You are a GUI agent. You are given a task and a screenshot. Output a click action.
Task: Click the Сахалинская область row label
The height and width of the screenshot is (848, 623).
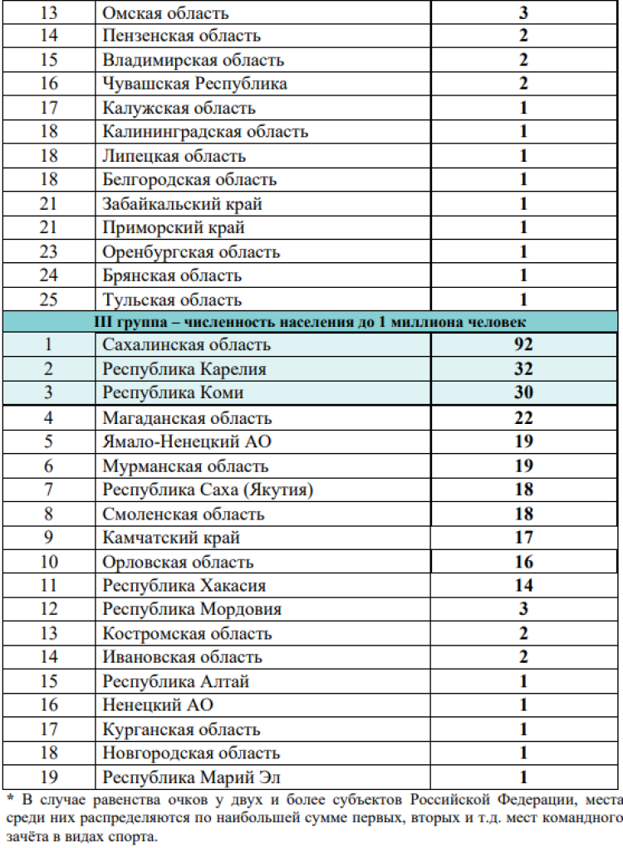click(186, 344)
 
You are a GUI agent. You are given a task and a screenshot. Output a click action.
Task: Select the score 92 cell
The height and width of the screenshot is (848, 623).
click(523, 344)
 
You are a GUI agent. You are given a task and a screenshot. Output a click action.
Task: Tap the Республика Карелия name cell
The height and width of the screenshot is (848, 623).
click(184, 368)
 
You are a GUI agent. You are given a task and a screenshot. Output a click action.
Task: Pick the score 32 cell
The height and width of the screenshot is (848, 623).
click(523, 368)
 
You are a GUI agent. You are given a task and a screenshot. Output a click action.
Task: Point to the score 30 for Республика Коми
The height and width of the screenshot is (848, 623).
click(523, 392)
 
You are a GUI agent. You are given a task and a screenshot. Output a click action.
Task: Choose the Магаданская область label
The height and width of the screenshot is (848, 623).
click(187, 418)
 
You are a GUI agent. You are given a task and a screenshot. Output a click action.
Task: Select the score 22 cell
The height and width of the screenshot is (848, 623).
click(523, 418)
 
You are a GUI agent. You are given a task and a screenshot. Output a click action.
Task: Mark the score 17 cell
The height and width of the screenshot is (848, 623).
click(523, 538)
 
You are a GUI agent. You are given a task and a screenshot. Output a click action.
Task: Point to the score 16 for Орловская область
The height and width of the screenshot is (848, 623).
click(523, 562)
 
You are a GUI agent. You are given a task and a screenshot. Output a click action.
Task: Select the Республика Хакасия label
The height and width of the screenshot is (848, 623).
click(184, 586)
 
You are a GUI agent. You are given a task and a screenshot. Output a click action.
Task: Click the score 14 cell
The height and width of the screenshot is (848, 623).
click(523, 586)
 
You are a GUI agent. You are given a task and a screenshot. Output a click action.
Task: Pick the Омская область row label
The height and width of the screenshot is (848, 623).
click(165, 13)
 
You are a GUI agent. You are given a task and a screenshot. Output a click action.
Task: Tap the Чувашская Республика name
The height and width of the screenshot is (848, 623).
click(195, 84)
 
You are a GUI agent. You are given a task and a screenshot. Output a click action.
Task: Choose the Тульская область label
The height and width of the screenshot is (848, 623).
click(172, 300)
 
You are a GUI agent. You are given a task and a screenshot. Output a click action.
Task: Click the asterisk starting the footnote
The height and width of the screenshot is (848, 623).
click(9, 800)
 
